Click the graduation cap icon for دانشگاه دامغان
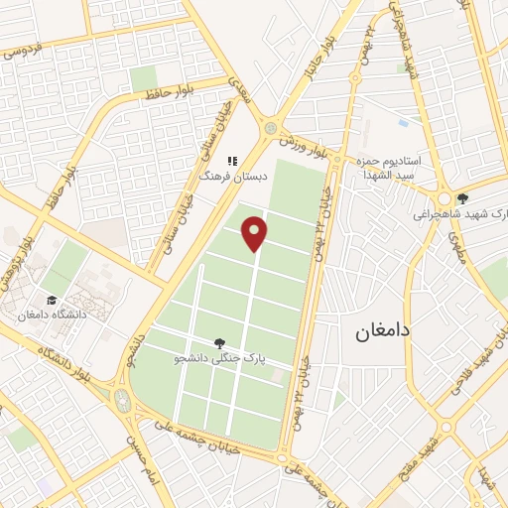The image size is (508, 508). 51,300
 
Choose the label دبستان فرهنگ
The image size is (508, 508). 223,175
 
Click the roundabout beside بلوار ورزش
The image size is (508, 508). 270,128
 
